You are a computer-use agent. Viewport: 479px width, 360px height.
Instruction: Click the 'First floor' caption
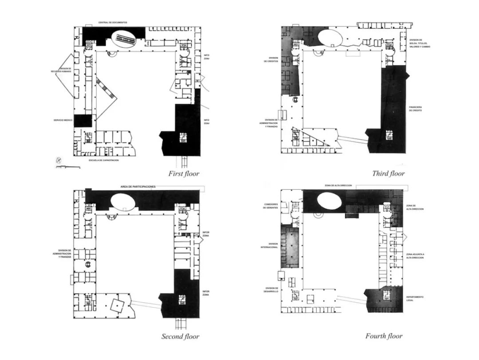coord(184,173)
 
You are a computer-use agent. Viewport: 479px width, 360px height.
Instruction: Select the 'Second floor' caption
coord(180,337)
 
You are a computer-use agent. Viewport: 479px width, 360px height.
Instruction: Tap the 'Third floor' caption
coord(388,173)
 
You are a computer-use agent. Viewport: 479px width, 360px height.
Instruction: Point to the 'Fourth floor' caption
coord(384,336)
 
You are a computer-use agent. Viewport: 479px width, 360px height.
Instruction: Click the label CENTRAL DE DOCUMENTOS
coord(113,23)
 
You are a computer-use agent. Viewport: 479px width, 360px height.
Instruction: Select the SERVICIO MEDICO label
coord(62,120)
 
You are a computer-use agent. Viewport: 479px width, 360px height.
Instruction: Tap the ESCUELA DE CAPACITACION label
coord(104,160)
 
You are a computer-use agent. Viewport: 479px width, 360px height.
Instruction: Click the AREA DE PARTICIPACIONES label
coord(138,187)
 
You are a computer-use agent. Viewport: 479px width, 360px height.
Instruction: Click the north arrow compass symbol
coord(57,160)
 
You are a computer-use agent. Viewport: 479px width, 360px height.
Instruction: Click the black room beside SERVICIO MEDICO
coord(82,121)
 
